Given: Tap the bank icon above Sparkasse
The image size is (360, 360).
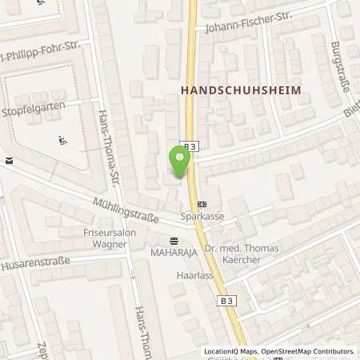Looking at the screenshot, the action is [x=201, y=203].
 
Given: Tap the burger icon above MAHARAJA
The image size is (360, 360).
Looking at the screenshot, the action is [x=174, y=240].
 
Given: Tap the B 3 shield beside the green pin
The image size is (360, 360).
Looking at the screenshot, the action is [x=189, y=146].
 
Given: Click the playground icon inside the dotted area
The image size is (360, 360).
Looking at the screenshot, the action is [x=62, y=142].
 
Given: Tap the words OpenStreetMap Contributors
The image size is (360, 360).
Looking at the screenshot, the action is [x=305, y=351].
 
